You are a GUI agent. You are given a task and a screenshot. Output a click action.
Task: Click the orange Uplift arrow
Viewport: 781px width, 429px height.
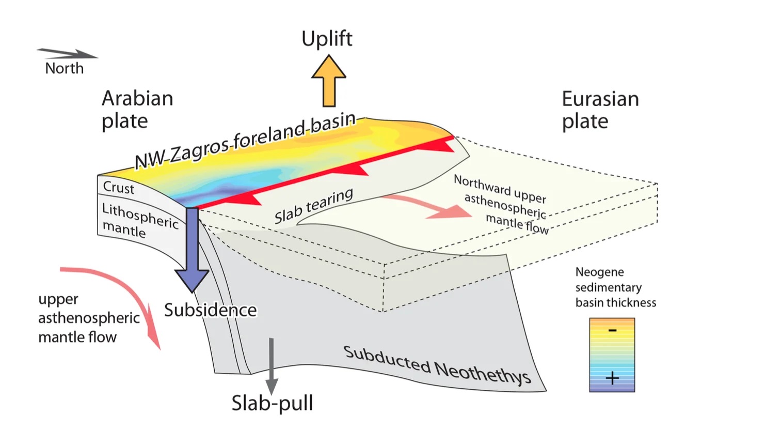tap(328, 83)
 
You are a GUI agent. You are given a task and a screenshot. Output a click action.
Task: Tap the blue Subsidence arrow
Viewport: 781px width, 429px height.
tap(192, 248)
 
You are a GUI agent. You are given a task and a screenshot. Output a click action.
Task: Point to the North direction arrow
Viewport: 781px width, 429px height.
tap(67, 53)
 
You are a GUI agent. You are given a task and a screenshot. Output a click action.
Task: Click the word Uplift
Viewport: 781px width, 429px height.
tap(327, 39)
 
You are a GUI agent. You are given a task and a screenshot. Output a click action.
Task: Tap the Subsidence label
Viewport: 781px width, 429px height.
tap(210, 310)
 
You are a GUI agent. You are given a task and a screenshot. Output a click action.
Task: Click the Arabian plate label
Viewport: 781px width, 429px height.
tap(137, 109)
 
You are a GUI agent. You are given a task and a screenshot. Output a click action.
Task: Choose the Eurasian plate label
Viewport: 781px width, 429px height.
tap(600, 110)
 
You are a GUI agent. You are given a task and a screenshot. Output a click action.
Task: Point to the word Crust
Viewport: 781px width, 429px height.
tap(119, 188)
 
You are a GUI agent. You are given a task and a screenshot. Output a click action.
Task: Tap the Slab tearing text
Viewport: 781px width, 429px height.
tap(313, 206)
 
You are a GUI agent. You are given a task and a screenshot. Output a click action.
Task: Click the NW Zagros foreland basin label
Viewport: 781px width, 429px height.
tap(245, 141)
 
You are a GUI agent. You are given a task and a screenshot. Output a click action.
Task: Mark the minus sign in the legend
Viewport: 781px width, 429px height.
tap(612, 330)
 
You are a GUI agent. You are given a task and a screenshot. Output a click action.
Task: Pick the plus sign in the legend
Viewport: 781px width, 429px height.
tap(612, 378)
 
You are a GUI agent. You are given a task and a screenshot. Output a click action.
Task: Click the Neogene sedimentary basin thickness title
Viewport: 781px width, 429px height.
tap(615, 287)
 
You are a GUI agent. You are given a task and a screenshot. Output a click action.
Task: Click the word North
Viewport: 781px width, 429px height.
tap(64, 68)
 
